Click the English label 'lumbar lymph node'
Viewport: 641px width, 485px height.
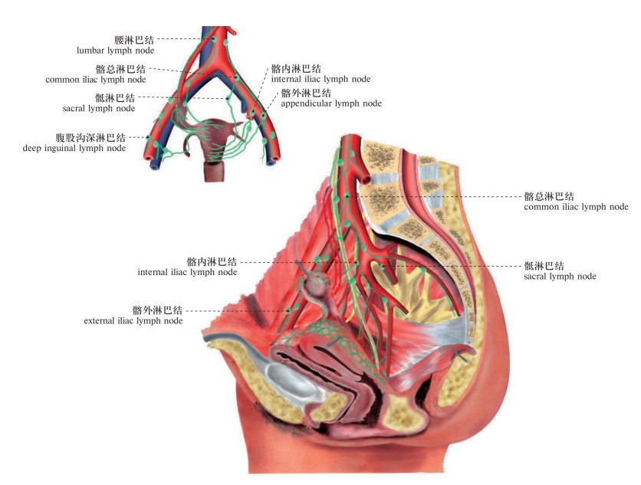[x=115, y=51]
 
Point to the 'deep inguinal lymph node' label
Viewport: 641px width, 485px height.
[x=74, y=149]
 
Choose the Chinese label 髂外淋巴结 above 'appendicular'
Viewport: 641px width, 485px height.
[x=306, y=92]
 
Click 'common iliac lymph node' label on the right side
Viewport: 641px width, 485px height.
[x=576, y=208]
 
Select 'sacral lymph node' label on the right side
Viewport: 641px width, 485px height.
[x=560, y=277]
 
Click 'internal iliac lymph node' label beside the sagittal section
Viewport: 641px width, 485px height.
[x=187, y=272]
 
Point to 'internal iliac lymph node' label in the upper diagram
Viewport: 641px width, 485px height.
[x=320, y=79]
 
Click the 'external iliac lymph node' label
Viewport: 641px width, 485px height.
[x=133, y=322]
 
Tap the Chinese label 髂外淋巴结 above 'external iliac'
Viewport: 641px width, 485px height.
[x=157, y=310]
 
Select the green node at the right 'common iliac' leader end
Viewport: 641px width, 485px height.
[x=347, y=198]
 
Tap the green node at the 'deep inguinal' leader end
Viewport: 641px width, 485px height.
[x=154, y=139]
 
